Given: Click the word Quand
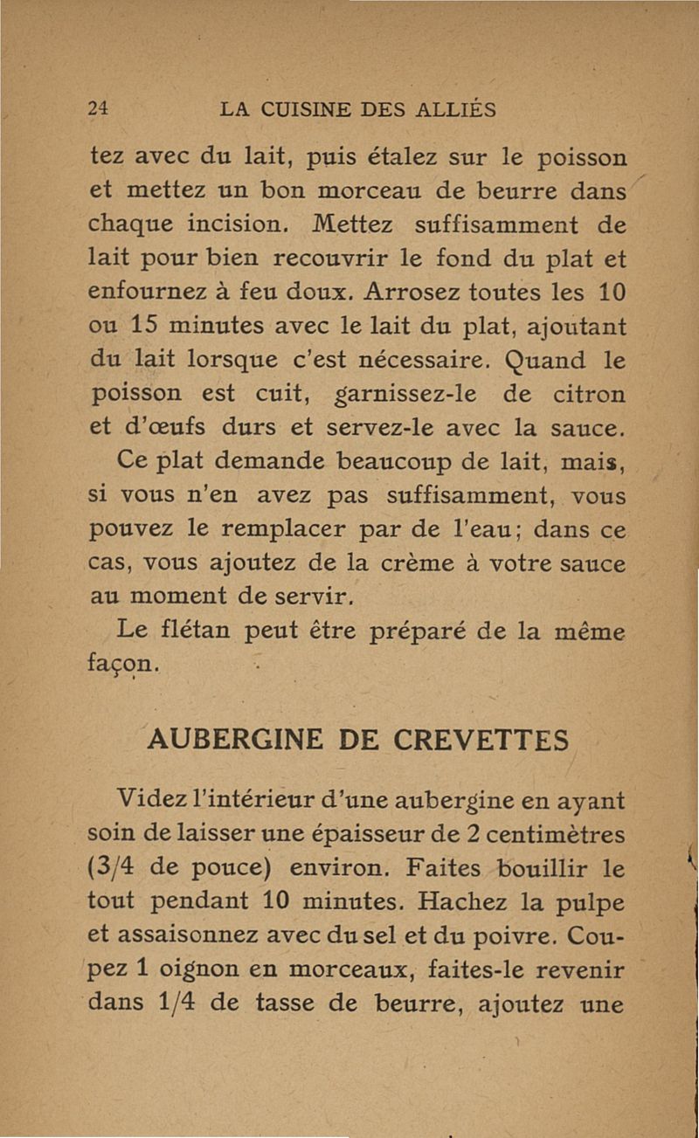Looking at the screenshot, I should [531, 358].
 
